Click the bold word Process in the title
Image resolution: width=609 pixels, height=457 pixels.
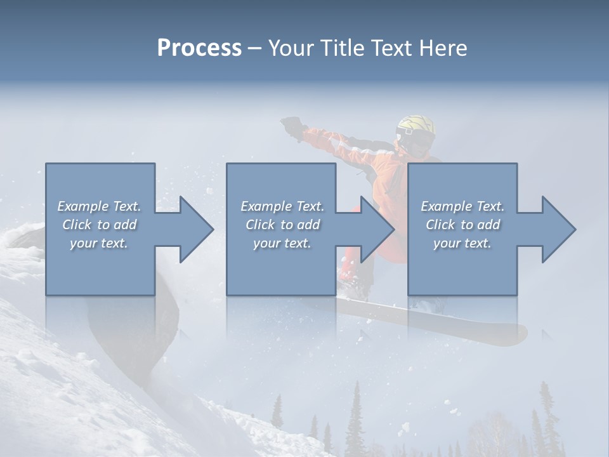199,48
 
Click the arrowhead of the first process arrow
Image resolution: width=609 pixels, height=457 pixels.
197,229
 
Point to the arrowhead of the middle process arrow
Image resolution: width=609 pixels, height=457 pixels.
377,229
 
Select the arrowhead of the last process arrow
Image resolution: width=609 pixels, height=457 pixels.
559,229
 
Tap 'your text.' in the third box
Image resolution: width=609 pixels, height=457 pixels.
462,243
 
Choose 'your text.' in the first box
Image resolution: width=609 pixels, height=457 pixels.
99,243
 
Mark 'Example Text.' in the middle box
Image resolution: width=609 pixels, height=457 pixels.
282,206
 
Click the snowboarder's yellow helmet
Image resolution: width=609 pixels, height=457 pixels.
416,126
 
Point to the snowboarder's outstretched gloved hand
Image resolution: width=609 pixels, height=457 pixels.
292,124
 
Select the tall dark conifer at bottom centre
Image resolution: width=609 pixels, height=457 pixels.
355,419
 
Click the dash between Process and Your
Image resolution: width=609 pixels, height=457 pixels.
255,48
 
